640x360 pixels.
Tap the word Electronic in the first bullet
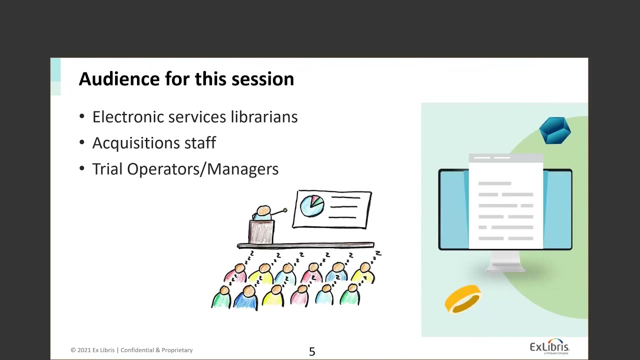click(128, 117)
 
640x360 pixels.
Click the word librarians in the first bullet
click(263, 117)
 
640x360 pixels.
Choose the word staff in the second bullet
click(200, 143)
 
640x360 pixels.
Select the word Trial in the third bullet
click(107, 169)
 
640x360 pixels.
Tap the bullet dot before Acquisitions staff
click(82, 143)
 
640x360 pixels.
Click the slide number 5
click(312, 351)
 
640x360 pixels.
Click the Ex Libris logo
click(549, 347)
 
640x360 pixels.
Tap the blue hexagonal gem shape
click(555, 130)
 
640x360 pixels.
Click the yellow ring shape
click(462, 298)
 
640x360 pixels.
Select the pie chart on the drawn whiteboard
click(311, 206)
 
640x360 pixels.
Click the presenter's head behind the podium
click(263, 210)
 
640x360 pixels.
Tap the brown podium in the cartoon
click(261, 232)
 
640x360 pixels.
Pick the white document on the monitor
click(505, 202)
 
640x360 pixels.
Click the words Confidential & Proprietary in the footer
click(156, 350)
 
